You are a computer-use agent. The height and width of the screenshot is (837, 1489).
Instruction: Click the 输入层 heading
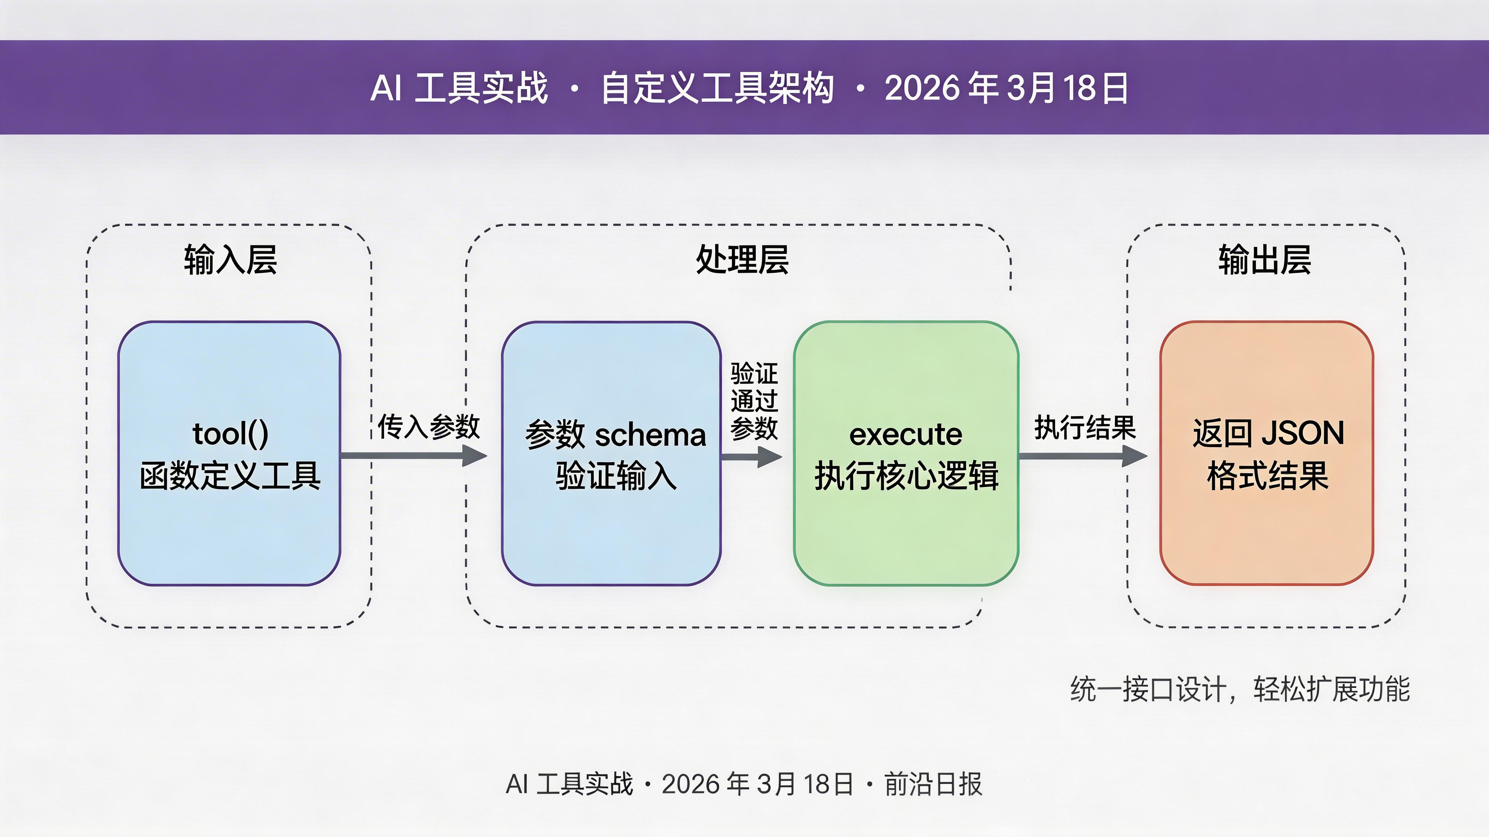230,260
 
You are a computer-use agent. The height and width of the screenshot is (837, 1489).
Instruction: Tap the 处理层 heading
742,260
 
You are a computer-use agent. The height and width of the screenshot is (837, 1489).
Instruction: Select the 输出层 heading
1265,260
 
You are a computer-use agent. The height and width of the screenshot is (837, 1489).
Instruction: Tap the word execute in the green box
906,434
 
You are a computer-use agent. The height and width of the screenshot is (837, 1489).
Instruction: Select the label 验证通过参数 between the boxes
754,401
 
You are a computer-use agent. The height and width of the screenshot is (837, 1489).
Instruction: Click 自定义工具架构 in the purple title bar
717,88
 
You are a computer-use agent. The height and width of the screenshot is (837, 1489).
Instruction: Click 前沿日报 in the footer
933,784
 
